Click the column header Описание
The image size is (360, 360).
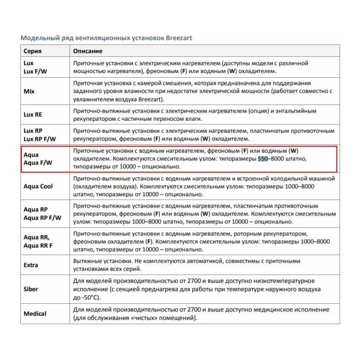click(x=88, y=51)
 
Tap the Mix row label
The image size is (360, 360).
click(x=29, y=91)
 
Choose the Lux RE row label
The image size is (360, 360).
click(x=33, y=114)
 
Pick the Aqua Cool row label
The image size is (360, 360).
click(x=38, y=186)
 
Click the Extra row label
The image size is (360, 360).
click(x=31, y=265)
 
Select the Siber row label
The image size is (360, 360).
click(x=31, y=289)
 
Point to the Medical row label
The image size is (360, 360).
click(x=35, y=314)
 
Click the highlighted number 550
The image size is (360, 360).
click(x=263, y=159)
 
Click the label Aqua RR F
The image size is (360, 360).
click(x=38, y=246)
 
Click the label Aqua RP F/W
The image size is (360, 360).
click(x=42, y=217)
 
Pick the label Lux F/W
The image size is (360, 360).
click(x=35, y=71)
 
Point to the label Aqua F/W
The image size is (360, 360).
click(x=38, y=163)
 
